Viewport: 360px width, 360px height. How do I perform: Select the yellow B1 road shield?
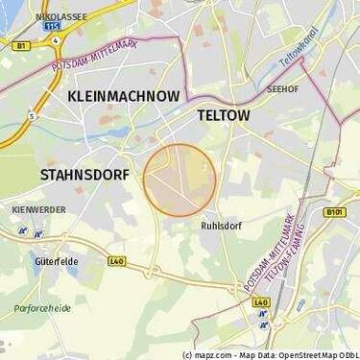coord(20,45)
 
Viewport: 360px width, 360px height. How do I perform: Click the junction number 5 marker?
coord(31,115)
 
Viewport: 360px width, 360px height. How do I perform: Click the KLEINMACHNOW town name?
coord(123,97)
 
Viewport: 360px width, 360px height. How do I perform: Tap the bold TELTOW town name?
coord(223,115)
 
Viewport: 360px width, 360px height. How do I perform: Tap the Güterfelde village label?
coord(56,261)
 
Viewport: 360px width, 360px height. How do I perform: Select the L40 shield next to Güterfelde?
coord(116,260)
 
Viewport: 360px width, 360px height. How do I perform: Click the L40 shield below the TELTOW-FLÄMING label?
coord(261,301)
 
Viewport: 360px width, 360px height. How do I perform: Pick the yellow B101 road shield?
coord(334,212)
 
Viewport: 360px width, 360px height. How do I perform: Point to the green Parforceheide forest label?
coord(42,308)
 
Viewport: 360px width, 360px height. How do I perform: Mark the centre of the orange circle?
coord(180,180)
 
